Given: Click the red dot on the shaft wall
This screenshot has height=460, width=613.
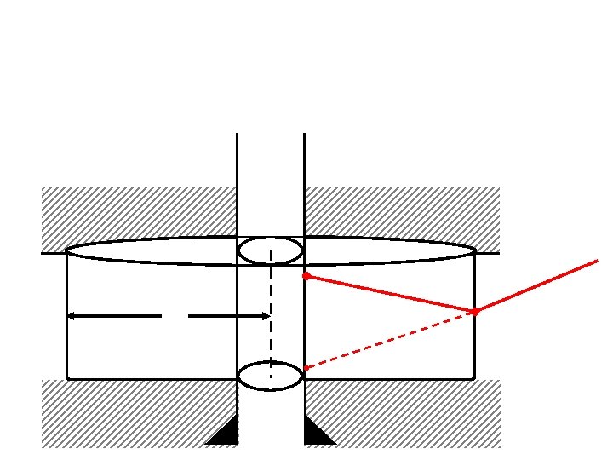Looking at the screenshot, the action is click(306, 276).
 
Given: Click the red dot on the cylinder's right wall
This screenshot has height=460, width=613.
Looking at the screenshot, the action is click(475, 312).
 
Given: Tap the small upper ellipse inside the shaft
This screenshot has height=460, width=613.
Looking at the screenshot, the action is click(271, 250).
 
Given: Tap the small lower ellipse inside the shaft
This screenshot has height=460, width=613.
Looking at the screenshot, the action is click(271, 376).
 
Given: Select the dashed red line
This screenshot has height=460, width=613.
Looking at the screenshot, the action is click(392, 340).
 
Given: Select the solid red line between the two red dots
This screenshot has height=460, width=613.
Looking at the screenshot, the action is click(390, 294).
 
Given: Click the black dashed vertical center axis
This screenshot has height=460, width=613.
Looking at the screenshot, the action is click(271, 315).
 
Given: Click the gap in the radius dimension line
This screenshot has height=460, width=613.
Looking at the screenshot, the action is click(175, 316).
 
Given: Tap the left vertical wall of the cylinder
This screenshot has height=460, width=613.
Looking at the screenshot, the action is click(67, 315).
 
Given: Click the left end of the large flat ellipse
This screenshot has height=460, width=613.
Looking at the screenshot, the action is click(68, 251).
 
